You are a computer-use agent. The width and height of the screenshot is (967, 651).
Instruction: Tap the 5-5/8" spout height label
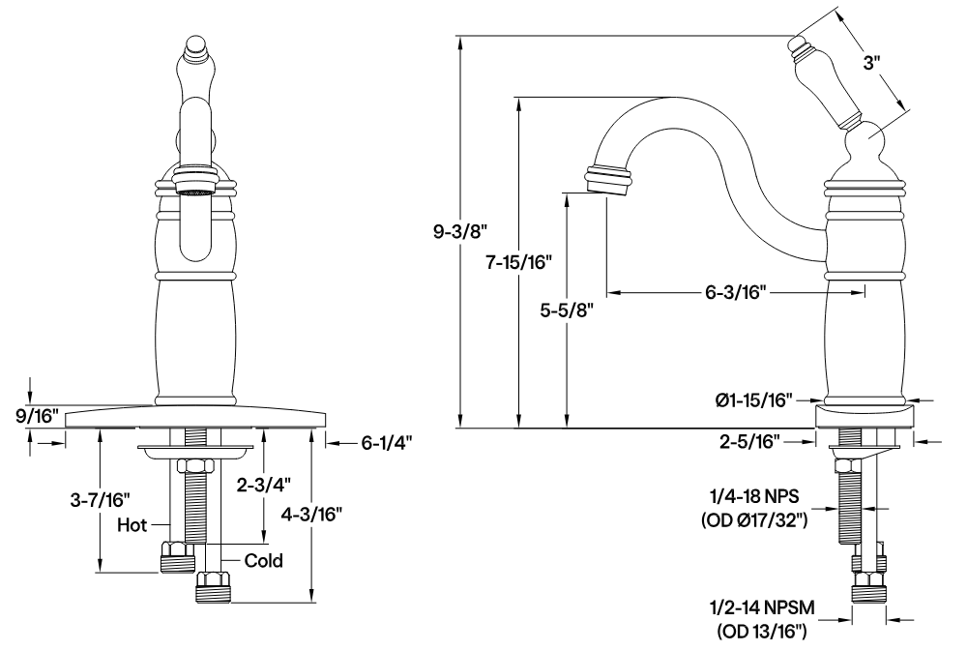[564, 310]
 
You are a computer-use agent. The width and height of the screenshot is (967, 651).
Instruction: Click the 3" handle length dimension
[873, 64]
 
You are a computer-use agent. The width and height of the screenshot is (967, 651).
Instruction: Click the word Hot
[132, 525]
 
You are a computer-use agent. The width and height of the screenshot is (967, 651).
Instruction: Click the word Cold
[263, 560]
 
